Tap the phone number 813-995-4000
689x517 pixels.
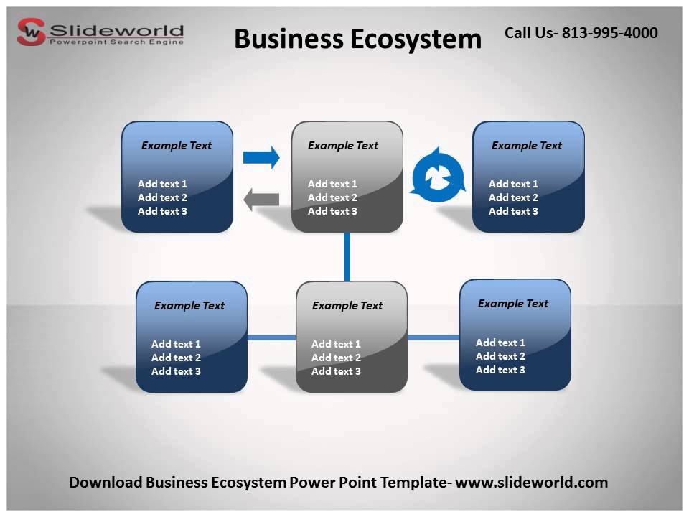609,32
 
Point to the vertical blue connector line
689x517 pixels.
347,256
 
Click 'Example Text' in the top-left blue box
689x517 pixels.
177,146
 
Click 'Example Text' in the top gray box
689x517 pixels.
343,146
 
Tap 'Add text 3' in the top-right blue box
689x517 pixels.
513,211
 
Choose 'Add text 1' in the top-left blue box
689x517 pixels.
162,184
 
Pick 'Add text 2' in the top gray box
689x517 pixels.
332,197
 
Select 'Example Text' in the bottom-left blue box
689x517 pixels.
189,306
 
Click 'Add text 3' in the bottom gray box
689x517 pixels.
336,371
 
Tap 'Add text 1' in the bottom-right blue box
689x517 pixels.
500,343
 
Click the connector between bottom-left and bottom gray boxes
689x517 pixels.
271,337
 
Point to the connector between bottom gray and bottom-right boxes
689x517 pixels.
433,337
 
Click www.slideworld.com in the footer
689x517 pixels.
532,483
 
